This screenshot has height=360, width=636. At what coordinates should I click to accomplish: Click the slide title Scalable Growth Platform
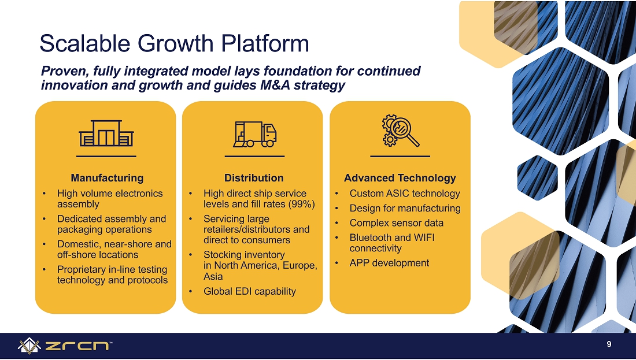[175, 43]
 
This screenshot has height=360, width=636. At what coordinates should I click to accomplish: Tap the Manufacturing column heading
[107, 178]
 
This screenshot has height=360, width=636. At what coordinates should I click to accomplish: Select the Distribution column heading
[254, 178]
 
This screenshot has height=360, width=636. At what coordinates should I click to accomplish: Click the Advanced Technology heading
[400, 178]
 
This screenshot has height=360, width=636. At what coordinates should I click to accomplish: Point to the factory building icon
[106, 133]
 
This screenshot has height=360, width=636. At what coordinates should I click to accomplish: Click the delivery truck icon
[255, 134]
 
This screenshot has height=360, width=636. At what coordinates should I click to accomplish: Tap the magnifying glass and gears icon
[400, 130]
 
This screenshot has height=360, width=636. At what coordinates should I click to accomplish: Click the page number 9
[609, 344]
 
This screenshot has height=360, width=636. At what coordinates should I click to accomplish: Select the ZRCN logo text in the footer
[77, 346]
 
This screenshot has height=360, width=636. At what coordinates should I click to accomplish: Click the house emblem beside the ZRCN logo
[29, 346]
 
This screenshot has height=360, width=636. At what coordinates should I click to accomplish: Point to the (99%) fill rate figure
[301, 204]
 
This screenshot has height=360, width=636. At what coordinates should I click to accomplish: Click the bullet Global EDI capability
[250, 291]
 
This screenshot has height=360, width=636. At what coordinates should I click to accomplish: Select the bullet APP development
[389, 263]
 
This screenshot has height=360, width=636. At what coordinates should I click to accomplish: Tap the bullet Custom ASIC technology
[405, 194]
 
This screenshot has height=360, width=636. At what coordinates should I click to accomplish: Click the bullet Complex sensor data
[397, 223]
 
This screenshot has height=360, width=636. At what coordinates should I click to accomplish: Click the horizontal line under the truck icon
[255, 156]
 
